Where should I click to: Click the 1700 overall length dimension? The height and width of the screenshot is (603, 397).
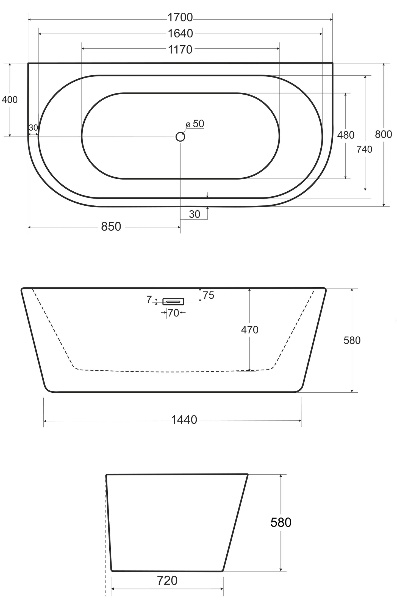point(180,18)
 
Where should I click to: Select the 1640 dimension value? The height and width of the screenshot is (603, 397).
point(180,34)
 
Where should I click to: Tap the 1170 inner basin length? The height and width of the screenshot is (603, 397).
point(180,50)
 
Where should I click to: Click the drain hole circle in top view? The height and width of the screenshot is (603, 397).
point(180,137)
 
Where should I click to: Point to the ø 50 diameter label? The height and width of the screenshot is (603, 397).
point(195,124)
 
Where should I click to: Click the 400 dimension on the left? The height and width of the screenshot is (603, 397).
point(10,100)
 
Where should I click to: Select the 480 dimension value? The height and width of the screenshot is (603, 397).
point(346,135)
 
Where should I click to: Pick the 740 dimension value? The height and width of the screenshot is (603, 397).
point(364,149)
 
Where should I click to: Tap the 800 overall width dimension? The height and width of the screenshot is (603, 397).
point(384,134)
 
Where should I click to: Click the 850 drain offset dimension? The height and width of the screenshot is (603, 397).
point(111,227)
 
